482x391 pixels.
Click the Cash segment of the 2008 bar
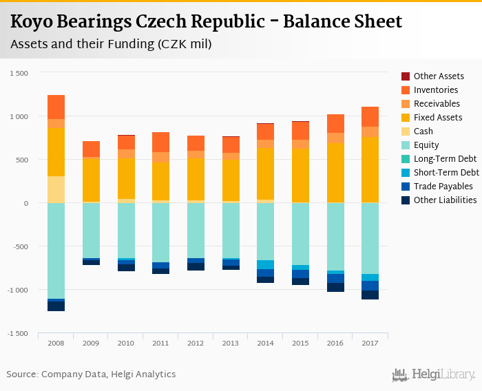(x=56, y=189)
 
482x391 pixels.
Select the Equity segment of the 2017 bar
(x=370, y=238)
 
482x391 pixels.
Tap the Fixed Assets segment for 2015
(x=300, y=175)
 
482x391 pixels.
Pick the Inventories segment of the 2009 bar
(x=91, y=149)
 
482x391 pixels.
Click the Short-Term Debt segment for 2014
(x=265, y=264)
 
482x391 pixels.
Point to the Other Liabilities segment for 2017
(x=370, y=295)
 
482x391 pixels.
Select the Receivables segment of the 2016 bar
(x=335, y=138)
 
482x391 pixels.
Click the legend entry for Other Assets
(x=439, y=76)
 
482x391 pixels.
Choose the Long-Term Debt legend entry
(x=445, y=159)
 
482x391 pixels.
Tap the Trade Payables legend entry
(x=443, y=187)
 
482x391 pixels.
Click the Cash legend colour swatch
(x=406, y=131)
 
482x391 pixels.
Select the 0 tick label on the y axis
(x=25, y=203)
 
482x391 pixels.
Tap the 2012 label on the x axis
(x=196, y=343)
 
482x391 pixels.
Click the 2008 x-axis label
(x=56, y=343)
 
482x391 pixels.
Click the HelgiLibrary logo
(x=433, y=374)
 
